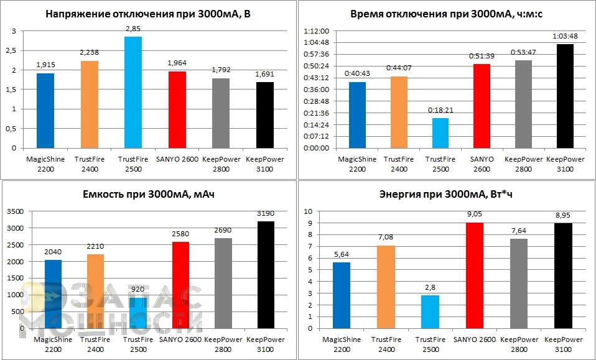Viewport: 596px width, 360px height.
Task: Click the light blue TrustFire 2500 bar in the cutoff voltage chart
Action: tap(133, 93)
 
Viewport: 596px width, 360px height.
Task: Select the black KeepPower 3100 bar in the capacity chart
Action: tap(266, 274)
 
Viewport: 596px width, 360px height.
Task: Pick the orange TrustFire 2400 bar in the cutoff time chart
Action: tap(399, 112)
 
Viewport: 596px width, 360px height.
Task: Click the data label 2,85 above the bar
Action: tap(133, 29)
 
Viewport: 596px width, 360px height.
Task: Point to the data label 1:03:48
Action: tap(565, 37)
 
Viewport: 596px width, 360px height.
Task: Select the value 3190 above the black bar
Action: tap(266, 214)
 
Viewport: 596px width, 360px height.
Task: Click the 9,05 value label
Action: tap(475, 215)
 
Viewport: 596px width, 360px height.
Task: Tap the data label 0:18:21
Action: tap(440, 110)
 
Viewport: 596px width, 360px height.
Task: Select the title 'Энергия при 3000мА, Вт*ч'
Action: tap(445, 195)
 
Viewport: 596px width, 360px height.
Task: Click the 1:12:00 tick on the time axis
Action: tap(315, 31)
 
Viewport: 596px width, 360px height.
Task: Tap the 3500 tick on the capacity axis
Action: tap(15, 212)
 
